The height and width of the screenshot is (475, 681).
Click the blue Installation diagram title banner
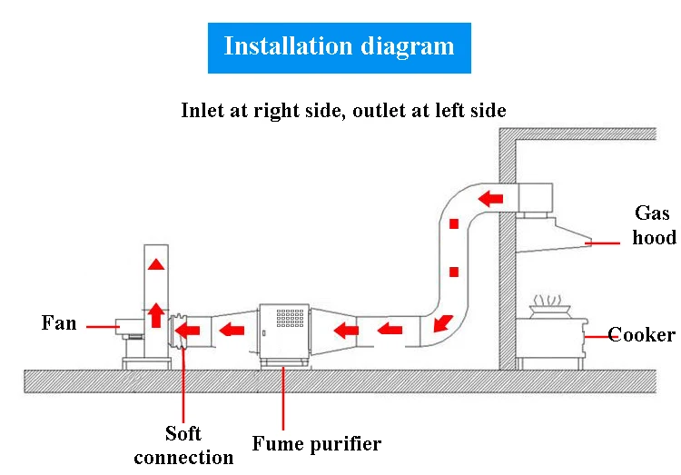click(340, 48)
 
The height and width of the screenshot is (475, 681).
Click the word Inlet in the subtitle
click(202, 110)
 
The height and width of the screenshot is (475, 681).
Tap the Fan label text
click(59, 323)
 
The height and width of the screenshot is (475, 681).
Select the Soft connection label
click(183, 445)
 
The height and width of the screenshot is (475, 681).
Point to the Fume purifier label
click(317, 444)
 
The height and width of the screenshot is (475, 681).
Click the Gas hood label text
click(654, 225)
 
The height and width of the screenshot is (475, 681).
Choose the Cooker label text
click(641, 334)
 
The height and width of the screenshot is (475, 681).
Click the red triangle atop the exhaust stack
click(156, 264)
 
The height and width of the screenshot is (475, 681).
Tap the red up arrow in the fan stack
click(156, 315)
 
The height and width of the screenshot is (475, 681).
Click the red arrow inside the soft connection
click(187, 331)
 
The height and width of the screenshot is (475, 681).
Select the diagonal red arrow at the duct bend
click(443, 323)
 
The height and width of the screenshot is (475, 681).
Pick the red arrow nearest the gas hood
click(490, 199)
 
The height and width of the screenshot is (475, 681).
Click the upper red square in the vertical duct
click(454, 223)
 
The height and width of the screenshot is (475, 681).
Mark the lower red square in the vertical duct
click(454, 272)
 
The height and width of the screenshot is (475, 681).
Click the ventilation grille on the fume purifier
click(291, 318)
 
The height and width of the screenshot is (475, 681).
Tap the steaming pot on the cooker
click(550, 308)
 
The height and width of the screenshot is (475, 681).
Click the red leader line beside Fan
click(103, 326)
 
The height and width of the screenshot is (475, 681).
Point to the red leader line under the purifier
click(283, 398)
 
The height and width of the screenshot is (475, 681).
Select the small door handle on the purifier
click(263, 333)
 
